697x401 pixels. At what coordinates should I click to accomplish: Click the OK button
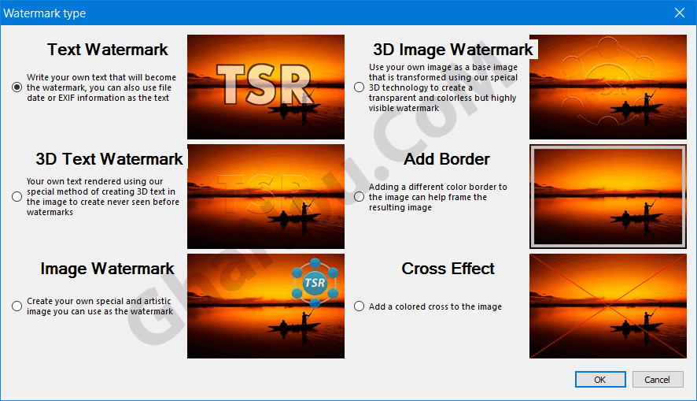tap(600, 380)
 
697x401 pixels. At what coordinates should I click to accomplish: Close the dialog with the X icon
tap(680, 13)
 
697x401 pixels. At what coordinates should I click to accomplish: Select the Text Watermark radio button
tap(17, 87)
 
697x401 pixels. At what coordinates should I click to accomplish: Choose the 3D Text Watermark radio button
tap(17, 197)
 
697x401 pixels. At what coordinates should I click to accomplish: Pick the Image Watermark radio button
tap(17, 306)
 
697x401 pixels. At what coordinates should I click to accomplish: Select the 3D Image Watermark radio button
tap(360, 87)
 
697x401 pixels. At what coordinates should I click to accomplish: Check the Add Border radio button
tap(360, 197)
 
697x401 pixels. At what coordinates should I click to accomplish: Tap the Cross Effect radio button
tap(360, 306)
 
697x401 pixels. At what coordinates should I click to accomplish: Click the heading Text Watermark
tap(108, 50)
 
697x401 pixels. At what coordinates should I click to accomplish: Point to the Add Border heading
tap(447, 159)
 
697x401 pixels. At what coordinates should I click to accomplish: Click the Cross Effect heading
tap(448, 269)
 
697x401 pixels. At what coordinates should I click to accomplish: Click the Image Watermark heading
tap(108, 269)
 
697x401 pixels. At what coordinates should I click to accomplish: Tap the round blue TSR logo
tap(315, 283)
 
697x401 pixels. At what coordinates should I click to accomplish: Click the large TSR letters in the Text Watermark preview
tap(264, 84)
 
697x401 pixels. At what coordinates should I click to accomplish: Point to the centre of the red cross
tap(608, 306)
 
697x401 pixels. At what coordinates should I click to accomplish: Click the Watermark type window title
tap(45, 13)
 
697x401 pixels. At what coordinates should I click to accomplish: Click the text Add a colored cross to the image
tap(435, 306)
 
